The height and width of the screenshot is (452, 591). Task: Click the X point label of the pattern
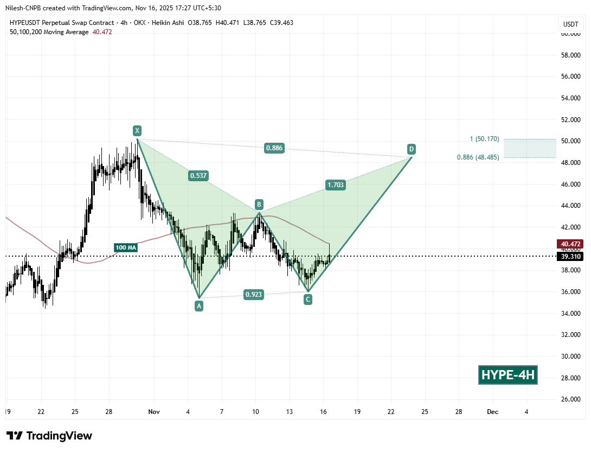(137, 130)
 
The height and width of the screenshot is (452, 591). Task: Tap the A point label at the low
(199, 306)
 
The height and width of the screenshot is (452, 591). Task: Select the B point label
(259, 205)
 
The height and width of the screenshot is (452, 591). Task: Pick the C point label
(308, 299)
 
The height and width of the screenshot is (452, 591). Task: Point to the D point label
(412, 149)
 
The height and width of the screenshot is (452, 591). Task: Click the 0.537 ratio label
(198, 175)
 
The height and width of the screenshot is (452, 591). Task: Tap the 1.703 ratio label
(335, 185)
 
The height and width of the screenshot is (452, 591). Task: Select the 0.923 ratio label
(254, 295)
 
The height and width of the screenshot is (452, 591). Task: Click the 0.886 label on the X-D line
(274, 148)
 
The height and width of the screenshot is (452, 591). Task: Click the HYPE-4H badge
(508, 375)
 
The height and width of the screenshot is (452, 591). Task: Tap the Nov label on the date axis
(153, 412)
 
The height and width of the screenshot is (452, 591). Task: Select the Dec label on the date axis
(492, 412)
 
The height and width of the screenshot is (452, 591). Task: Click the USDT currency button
(570, 24)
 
